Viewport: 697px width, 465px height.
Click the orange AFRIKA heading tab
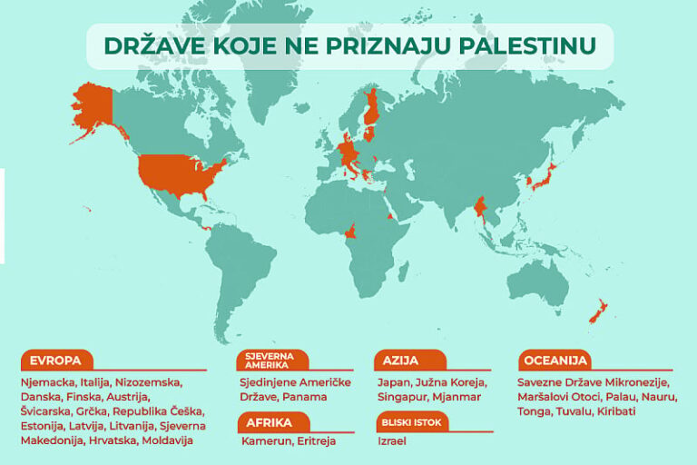[x=269, y=422]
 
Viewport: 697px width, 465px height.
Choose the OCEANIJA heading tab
[x=555, y=360]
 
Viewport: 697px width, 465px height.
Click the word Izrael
[x=393, y=440]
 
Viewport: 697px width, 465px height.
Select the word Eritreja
[x=313, y=440]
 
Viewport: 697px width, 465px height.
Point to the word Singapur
[x=403, y=397]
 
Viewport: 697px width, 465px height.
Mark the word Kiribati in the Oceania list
[x=616, y=411]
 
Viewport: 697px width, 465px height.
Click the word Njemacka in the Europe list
[x=47, y=382]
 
